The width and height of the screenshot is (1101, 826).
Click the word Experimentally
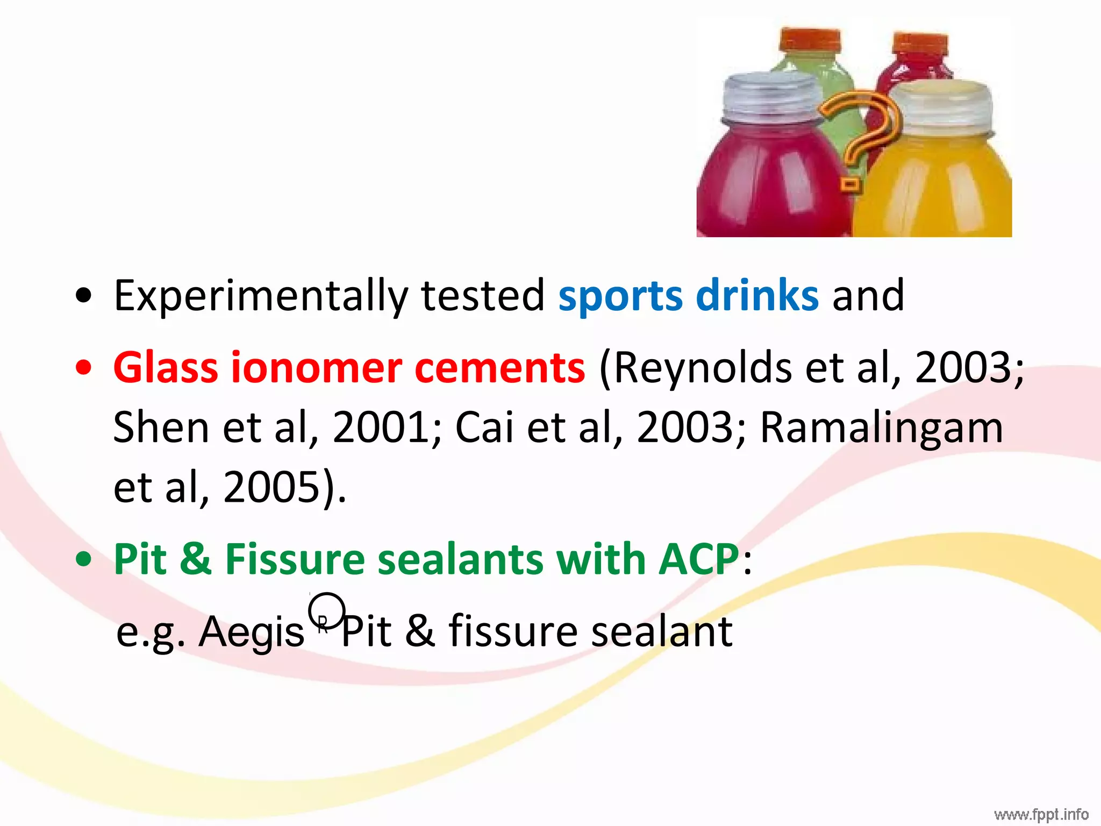(261, 296)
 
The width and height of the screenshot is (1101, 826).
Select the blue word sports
(620, 296)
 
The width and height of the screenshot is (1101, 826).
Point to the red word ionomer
(317, 368)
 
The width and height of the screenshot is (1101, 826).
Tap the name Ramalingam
(882, 428)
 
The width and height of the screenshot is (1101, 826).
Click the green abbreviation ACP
(699, 559)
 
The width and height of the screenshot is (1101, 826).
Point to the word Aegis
(252, 632)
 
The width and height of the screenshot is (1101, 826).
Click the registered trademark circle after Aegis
(326, 611)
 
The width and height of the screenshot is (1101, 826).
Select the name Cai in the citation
(484, 428)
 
